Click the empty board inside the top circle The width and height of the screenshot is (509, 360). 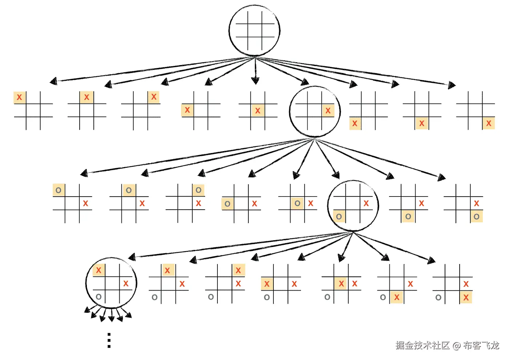click(x=255, y=31)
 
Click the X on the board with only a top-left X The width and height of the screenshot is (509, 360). click(x=19, y=97)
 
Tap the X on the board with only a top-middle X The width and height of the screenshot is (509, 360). click(x=87, y=97)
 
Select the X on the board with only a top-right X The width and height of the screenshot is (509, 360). click(x=154, y=97)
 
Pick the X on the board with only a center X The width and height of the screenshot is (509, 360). click(x=258, y=110)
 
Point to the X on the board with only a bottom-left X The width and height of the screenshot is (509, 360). click(x=355, y=124)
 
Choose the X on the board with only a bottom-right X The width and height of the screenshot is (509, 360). click(x=489, y=124)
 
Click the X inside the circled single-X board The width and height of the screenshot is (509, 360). click(x=328, y=110)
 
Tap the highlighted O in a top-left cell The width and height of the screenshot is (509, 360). click(x=59, y=190)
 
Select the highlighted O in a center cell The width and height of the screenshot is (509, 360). click(x=297, y=203)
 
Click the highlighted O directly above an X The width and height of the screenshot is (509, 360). click(x=199, y=190)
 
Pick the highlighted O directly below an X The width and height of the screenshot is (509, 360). click(x=476, y=217)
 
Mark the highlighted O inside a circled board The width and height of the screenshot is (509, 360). click(x=339, y=217)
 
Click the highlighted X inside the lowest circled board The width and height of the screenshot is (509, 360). click(x=99, y=270)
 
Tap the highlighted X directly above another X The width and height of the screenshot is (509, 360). click(x=238, y=270)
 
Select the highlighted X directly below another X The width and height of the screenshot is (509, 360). click(x=466, y=298)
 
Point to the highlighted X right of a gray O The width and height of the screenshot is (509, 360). click(x=397, y=298)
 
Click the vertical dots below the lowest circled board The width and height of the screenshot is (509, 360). click(x=109, y=340)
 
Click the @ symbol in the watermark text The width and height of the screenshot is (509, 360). click(x=457, y=345)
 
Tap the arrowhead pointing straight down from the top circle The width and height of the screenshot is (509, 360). click(x=255, y=81)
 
